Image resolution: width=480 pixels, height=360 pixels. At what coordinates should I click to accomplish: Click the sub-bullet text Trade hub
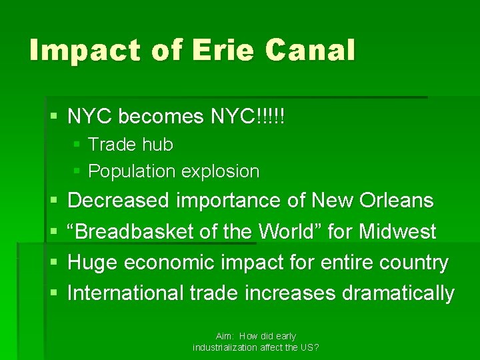pyautogui.click(x=131, y=144)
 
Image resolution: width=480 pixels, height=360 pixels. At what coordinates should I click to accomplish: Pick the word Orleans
pyautogui.click(x=396, y=201)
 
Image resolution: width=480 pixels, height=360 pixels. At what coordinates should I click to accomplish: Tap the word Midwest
pyautogui.click(x=397, y=231)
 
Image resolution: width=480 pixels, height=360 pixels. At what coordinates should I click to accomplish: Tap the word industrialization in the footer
pyautogui.click(x=225, y=347)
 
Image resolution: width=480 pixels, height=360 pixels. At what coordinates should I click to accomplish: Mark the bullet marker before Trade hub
pyautogui.click(x=77, y=144)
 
